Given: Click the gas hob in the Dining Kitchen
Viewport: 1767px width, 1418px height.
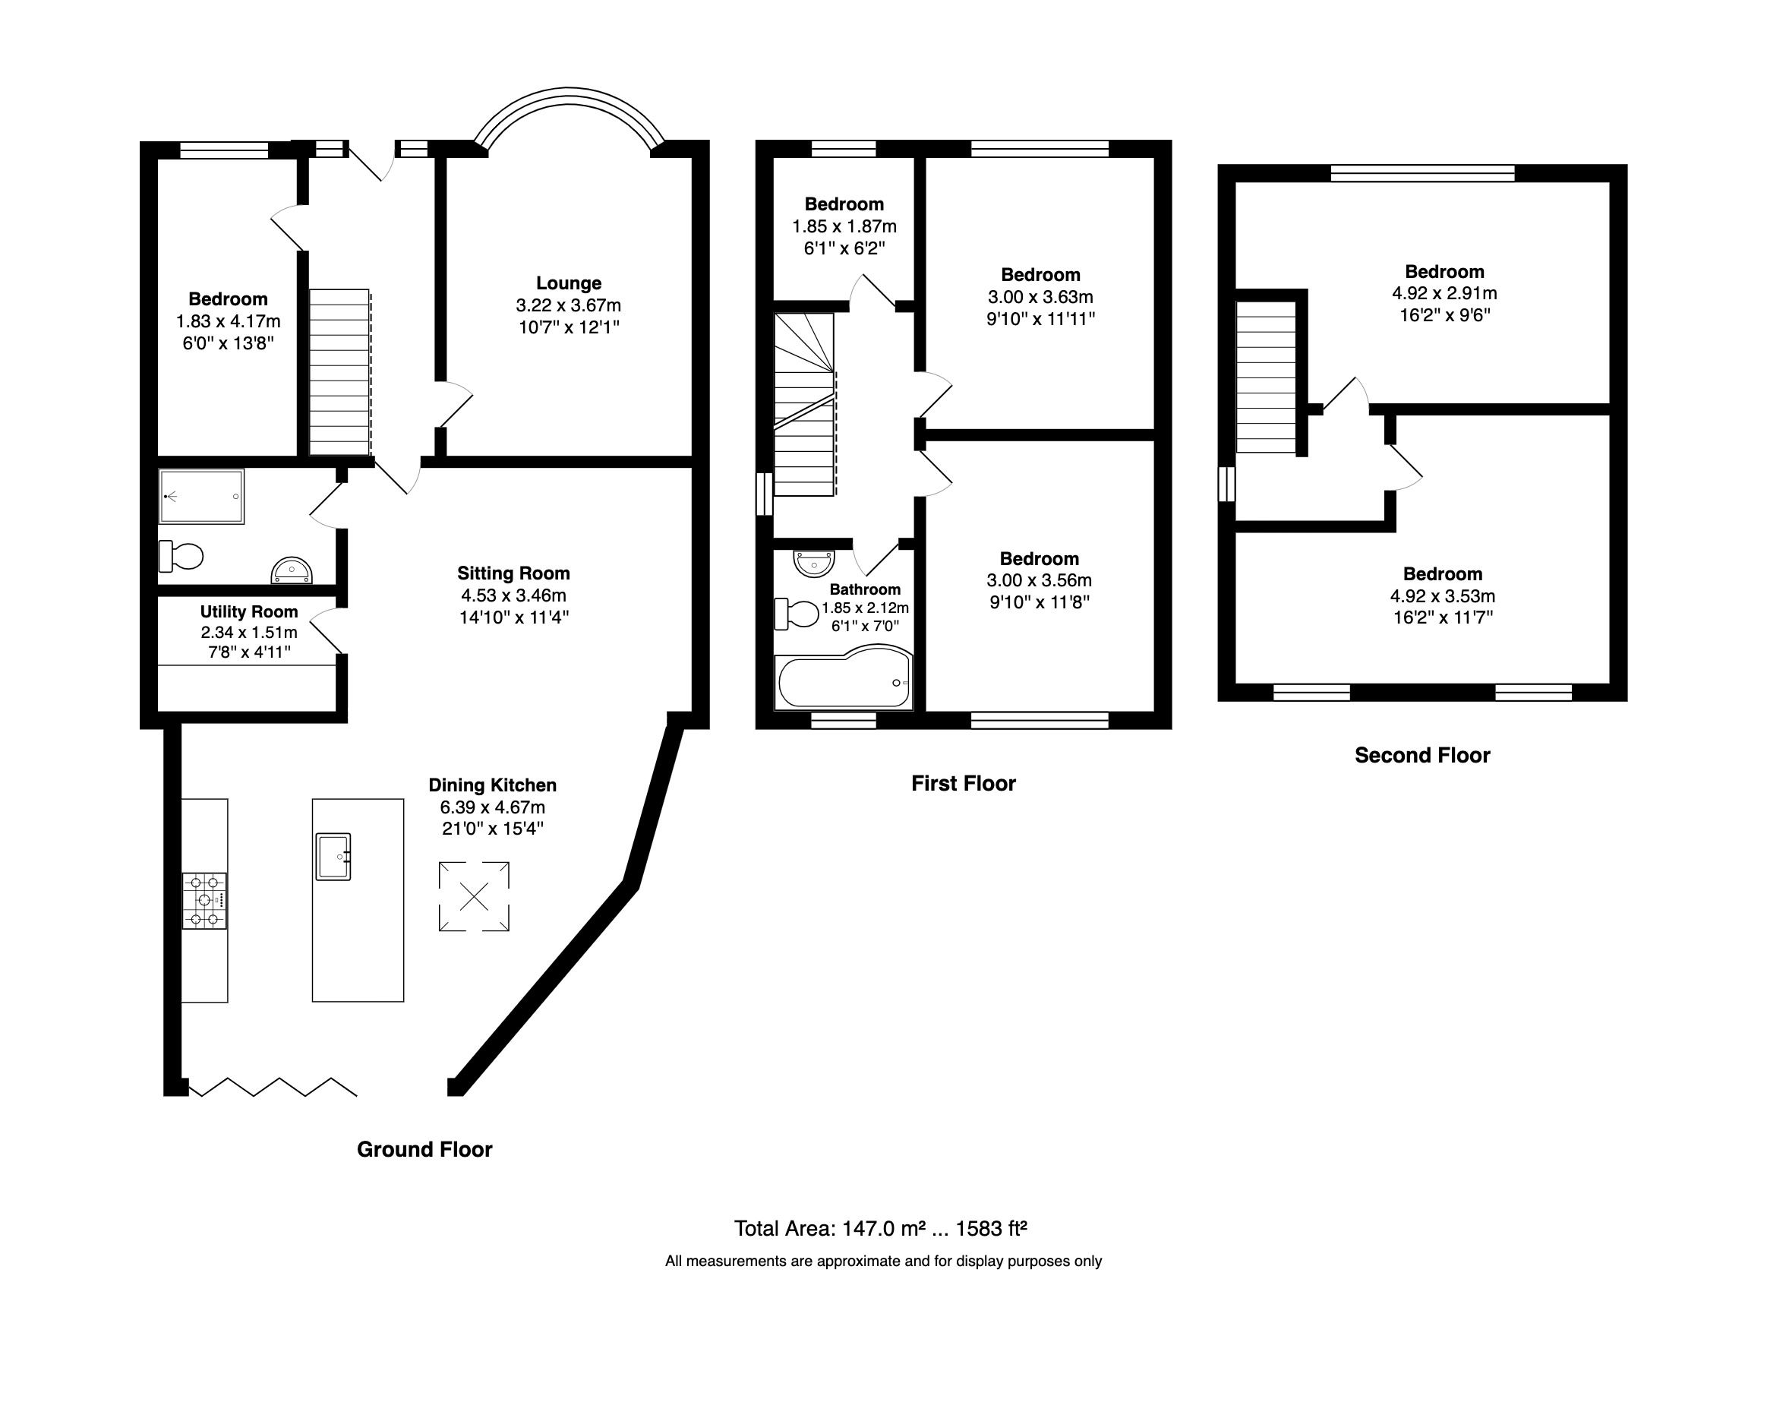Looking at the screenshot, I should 204,900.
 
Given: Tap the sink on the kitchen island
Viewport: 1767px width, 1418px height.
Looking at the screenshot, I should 333,857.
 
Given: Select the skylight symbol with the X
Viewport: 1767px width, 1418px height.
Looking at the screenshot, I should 474,896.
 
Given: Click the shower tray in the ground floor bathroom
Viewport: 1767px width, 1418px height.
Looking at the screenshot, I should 202,497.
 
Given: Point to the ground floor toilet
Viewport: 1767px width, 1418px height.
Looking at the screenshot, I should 181,557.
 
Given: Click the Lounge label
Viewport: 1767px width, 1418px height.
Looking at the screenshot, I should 569,283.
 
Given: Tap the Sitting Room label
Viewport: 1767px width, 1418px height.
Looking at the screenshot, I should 513,573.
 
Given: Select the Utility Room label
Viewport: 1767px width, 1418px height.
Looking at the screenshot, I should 249,612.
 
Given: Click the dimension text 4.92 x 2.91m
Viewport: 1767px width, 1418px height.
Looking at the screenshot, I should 1444,293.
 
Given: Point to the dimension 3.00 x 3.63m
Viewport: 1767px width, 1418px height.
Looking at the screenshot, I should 1040,297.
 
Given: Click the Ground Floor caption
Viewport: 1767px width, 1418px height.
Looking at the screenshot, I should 424,1149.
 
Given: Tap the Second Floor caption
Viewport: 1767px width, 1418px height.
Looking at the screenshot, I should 1422,755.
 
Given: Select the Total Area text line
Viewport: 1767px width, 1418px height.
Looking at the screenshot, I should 880,1229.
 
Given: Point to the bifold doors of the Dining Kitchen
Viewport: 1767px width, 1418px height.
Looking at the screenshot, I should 272,1087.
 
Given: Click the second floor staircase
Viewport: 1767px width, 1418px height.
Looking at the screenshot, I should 1267,377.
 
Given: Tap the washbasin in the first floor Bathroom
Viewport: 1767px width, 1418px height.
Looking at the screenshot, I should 813,563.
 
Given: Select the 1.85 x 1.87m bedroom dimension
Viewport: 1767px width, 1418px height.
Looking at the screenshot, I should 844,226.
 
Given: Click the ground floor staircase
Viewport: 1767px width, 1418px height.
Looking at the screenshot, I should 339,373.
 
